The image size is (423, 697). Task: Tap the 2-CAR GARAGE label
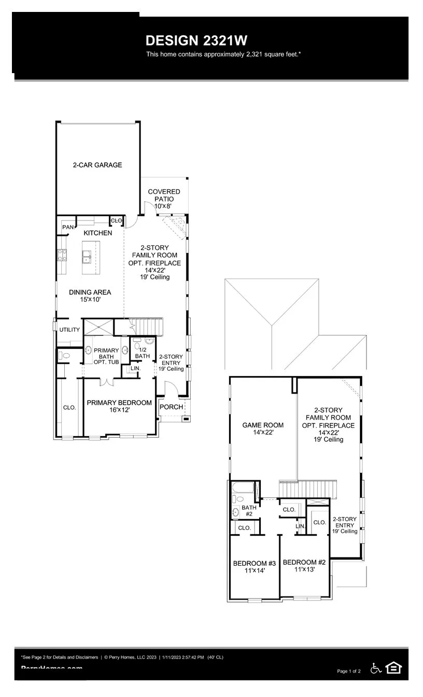coord(97,165)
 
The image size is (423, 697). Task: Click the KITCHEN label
coord(97,233)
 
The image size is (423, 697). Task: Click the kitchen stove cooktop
coord(62,254)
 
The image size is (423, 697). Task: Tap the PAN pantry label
coord(67,227)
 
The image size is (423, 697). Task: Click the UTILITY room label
coord(69,330)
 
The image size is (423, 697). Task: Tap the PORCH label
coord(171,407)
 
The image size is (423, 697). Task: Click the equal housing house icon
coord(394,668)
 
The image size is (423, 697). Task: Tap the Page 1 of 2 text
coord(348,671)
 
